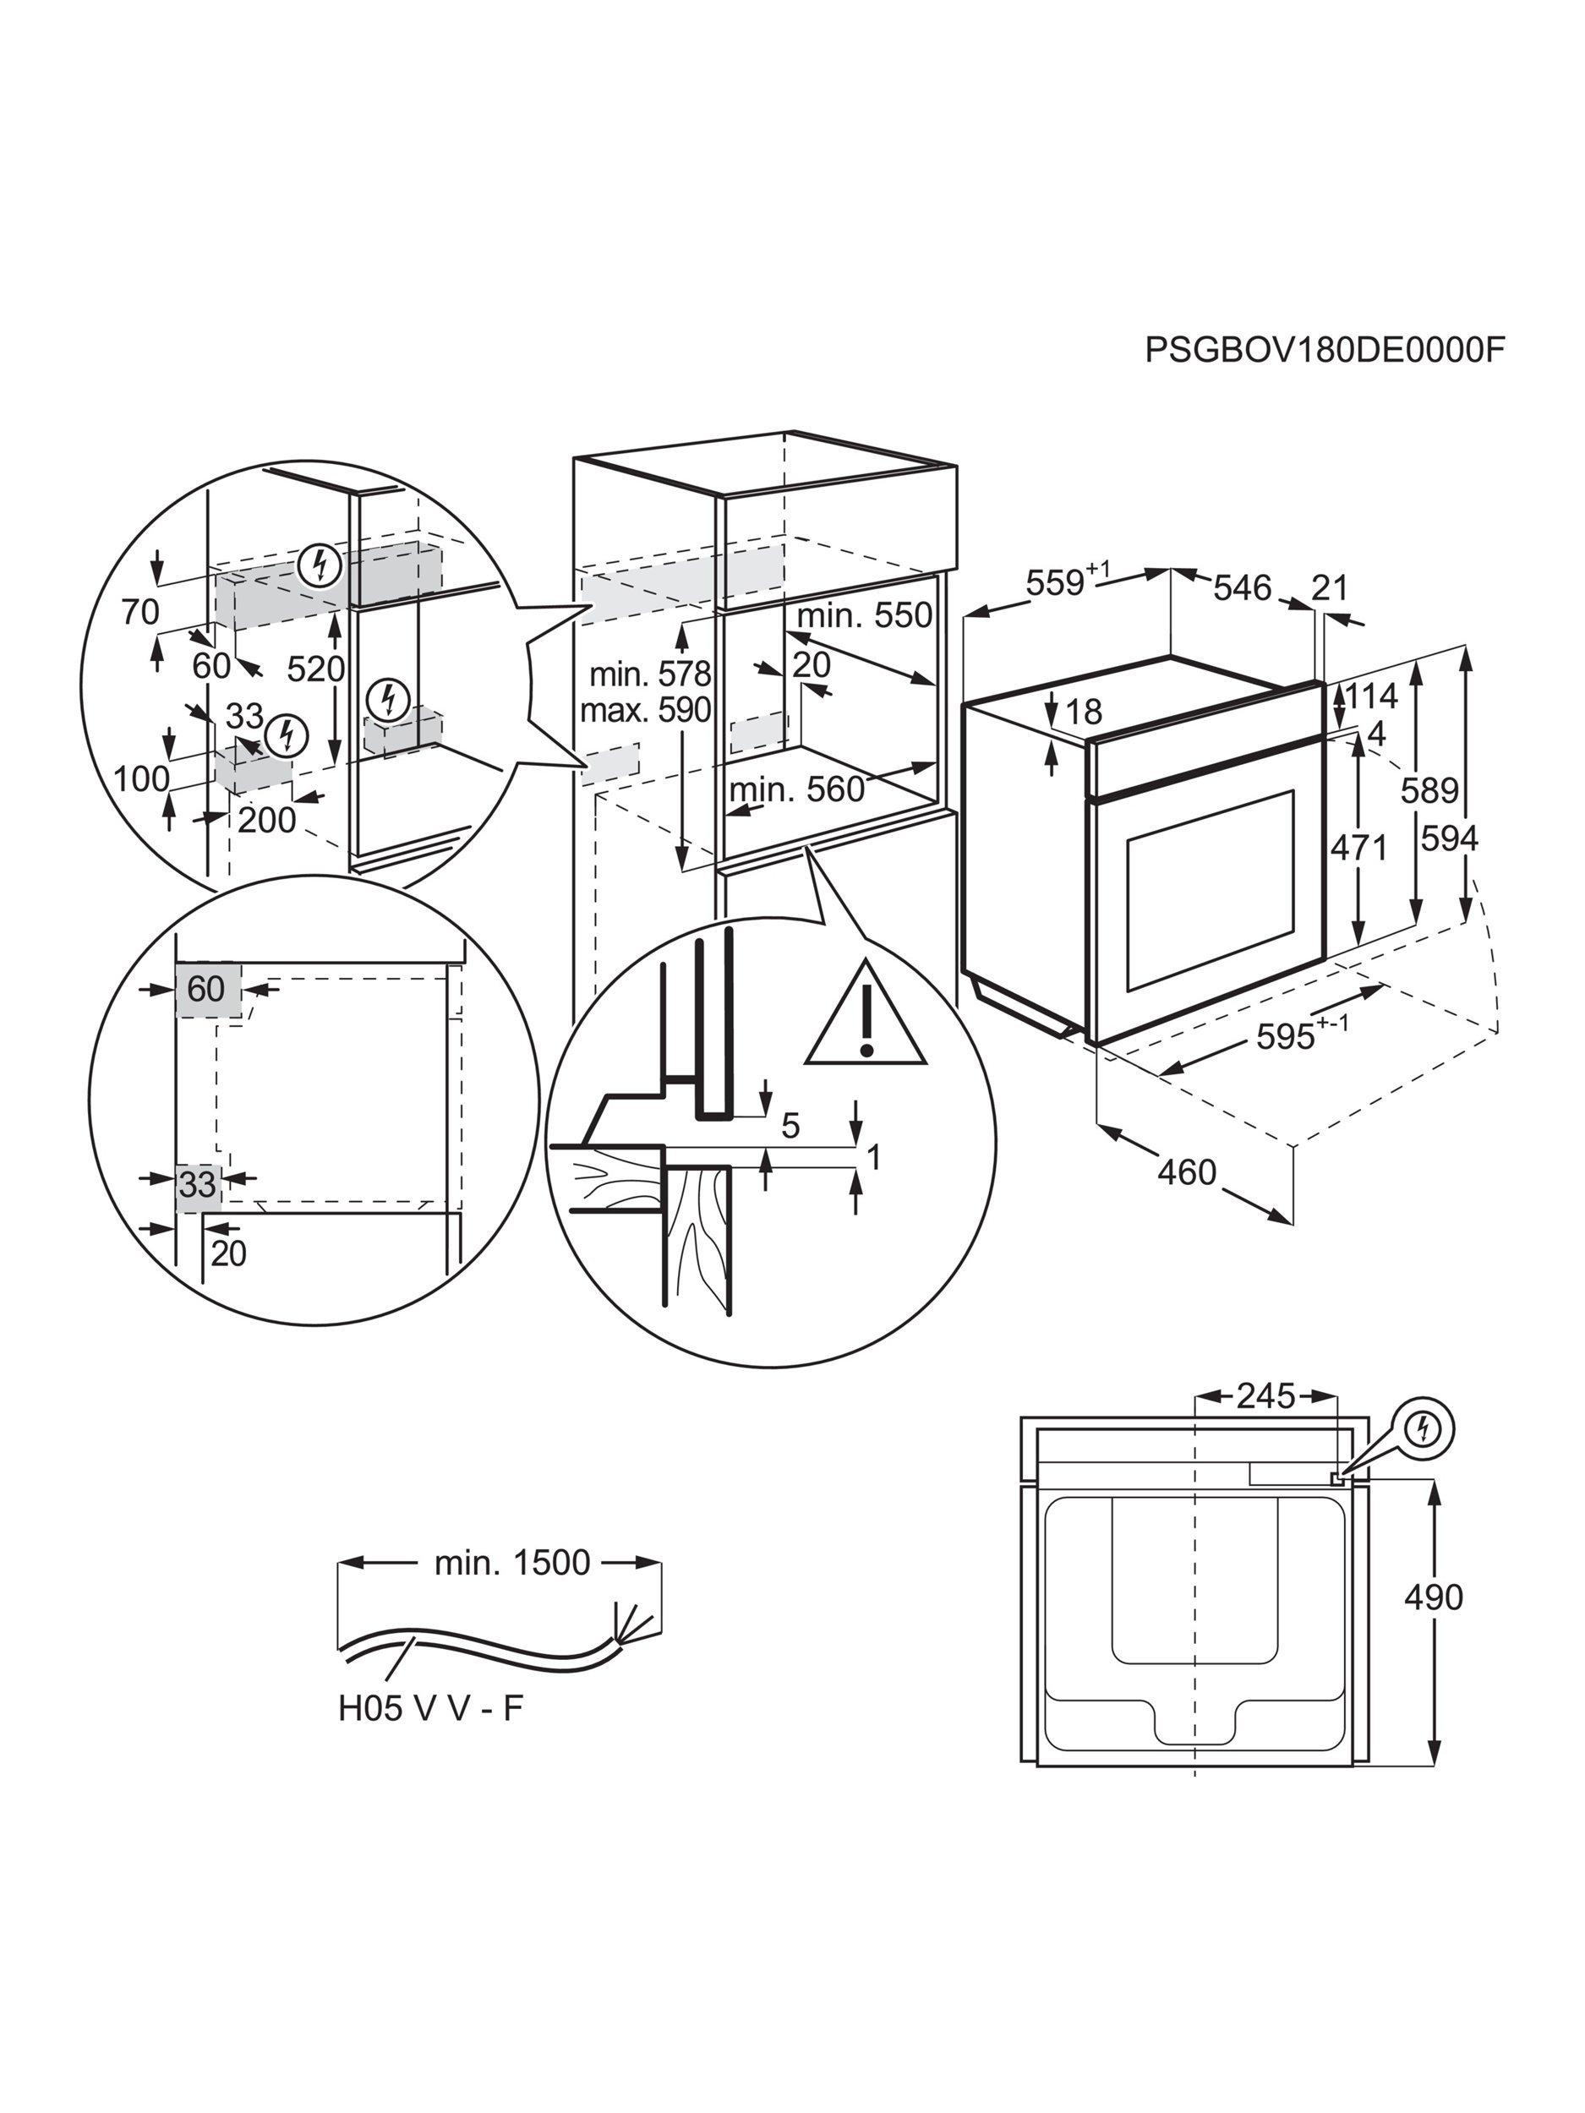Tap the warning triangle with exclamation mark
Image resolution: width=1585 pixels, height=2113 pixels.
click(x=866, y=1018)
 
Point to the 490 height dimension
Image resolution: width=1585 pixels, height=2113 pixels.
click(x=1433, y=1597)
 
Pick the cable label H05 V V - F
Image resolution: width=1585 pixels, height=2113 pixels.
click(x=431, y=1708)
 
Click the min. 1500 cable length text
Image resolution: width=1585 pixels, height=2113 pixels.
click(x=512, y=1562)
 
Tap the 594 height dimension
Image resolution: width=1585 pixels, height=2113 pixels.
click(x=1448, y=838)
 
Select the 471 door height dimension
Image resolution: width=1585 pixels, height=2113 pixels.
click(x=1358, y=846)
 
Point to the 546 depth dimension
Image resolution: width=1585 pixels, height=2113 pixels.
click(x=1242, y=587)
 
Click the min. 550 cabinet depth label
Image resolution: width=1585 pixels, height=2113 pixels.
click(x=864, y=616)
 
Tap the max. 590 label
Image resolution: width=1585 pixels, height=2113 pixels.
click(x=645, y=710)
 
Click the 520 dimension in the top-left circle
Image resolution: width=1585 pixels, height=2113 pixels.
click(x=315, y=669)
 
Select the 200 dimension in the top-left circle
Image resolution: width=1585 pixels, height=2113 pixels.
click(x=266, y=820)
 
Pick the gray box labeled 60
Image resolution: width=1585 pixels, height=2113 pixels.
click(x=206, y=990)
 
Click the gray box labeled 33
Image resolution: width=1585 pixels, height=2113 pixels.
click(x=198, y=1184)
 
